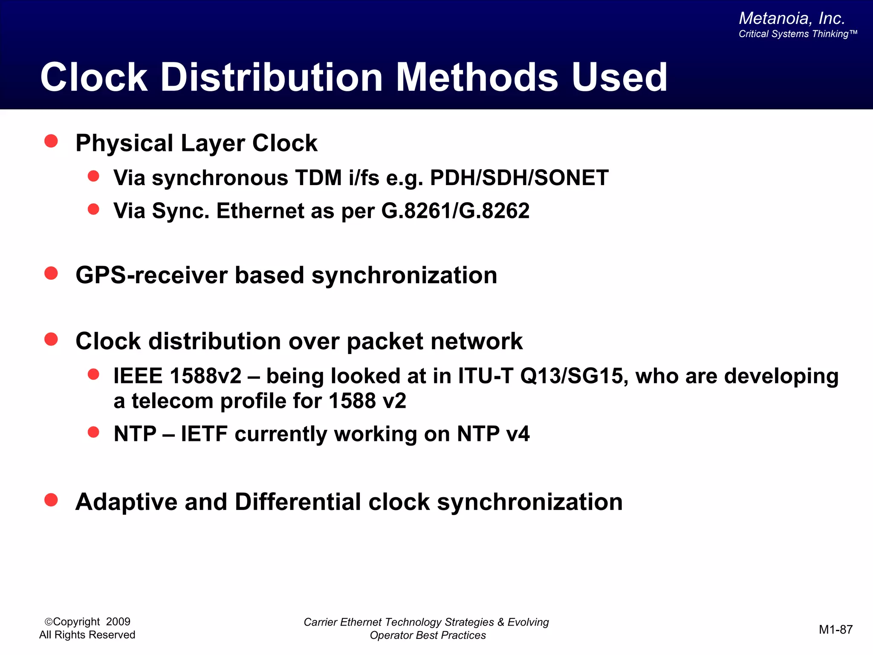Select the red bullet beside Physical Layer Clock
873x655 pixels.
pos(51,141)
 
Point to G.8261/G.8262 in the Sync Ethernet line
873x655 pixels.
pos(455,211)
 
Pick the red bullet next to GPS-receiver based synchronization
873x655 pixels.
pos(51,273)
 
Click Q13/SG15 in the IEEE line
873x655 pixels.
pos(571,376)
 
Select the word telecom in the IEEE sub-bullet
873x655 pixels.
pos(172,401)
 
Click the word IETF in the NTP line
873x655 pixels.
pos(204,434)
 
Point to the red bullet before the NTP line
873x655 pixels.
pos(93,432)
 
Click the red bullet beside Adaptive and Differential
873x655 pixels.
pos(51,500)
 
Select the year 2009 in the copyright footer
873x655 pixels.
pos(118,622)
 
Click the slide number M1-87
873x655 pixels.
pos(835,629)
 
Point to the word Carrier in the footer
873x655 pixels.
pos(321,622)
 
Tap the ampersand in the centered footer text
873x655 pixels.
pos(501,622)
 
